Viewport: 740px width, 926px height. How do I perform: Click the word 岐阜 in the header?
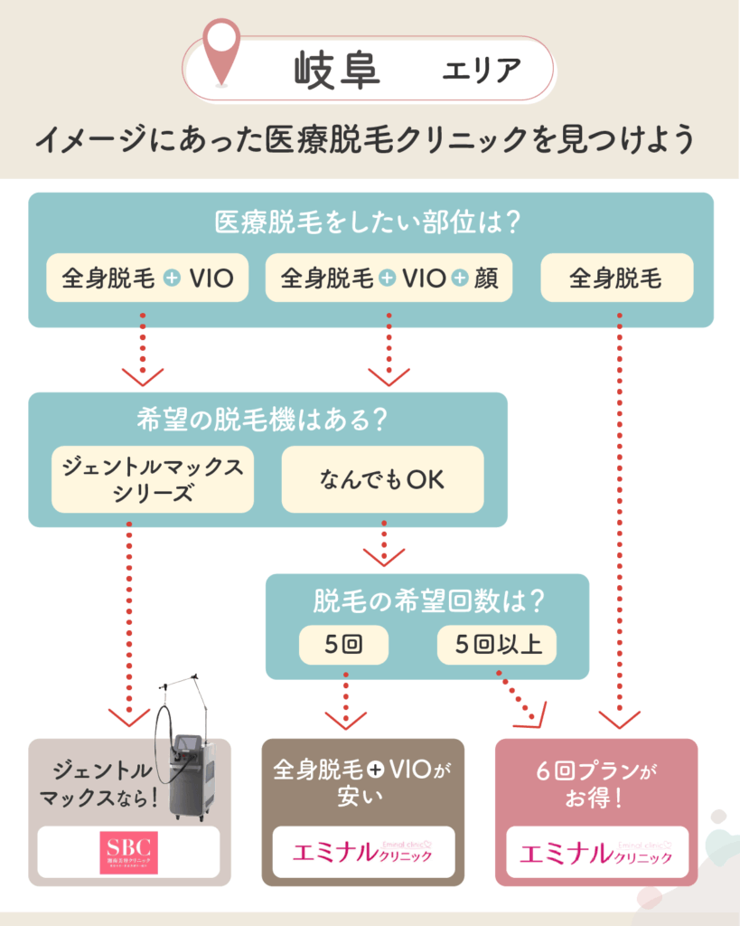pyautogui.click(x=337, y=70)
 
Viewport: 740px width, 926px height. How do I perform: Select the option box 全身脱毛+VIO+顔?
pyautogui.click(x=389, y=278)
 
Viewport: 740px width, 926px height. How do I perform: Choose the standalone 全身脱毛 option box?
pyautogui.click(x=616, y=278)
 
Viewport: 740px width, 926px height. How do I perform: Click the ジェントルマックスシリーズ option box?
pyautogui.click(x=152, y=480)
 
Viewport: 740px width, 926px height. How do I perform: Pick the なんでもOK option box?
pyautogui.click(x=382, y=480)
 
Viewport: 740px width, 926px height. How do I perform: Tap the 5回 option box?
pyautogui.click(x=342, y=646)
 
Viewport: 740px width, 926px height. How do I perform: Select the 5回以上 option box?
pyautogui.click(x=498, y=646)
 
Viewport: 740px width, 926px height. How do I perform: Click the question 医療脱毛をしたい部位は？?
pyautogui.click(x=370, y=222)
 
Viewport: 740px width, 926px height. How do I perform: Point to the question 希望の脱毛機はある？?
pyautogui.click(x=267, y=420)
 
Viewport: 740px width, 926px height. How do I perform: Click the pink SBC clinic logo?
pyautogui.click(x=128, y=853)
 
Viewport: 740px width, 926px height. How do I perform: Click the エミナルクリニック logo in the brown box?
pyautogui.click(x=363, y=853)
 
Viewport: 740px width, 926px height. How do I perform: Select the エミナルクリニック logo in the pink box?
pyautogui.click(x=596, y=853)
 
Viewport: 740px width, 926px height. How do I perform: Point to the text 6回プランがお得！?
pyautogui.click(x=596, y=786)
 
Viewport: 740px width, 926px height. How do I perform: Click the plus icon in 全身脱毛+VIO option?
pyautogui.click(x=173, y=279)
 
